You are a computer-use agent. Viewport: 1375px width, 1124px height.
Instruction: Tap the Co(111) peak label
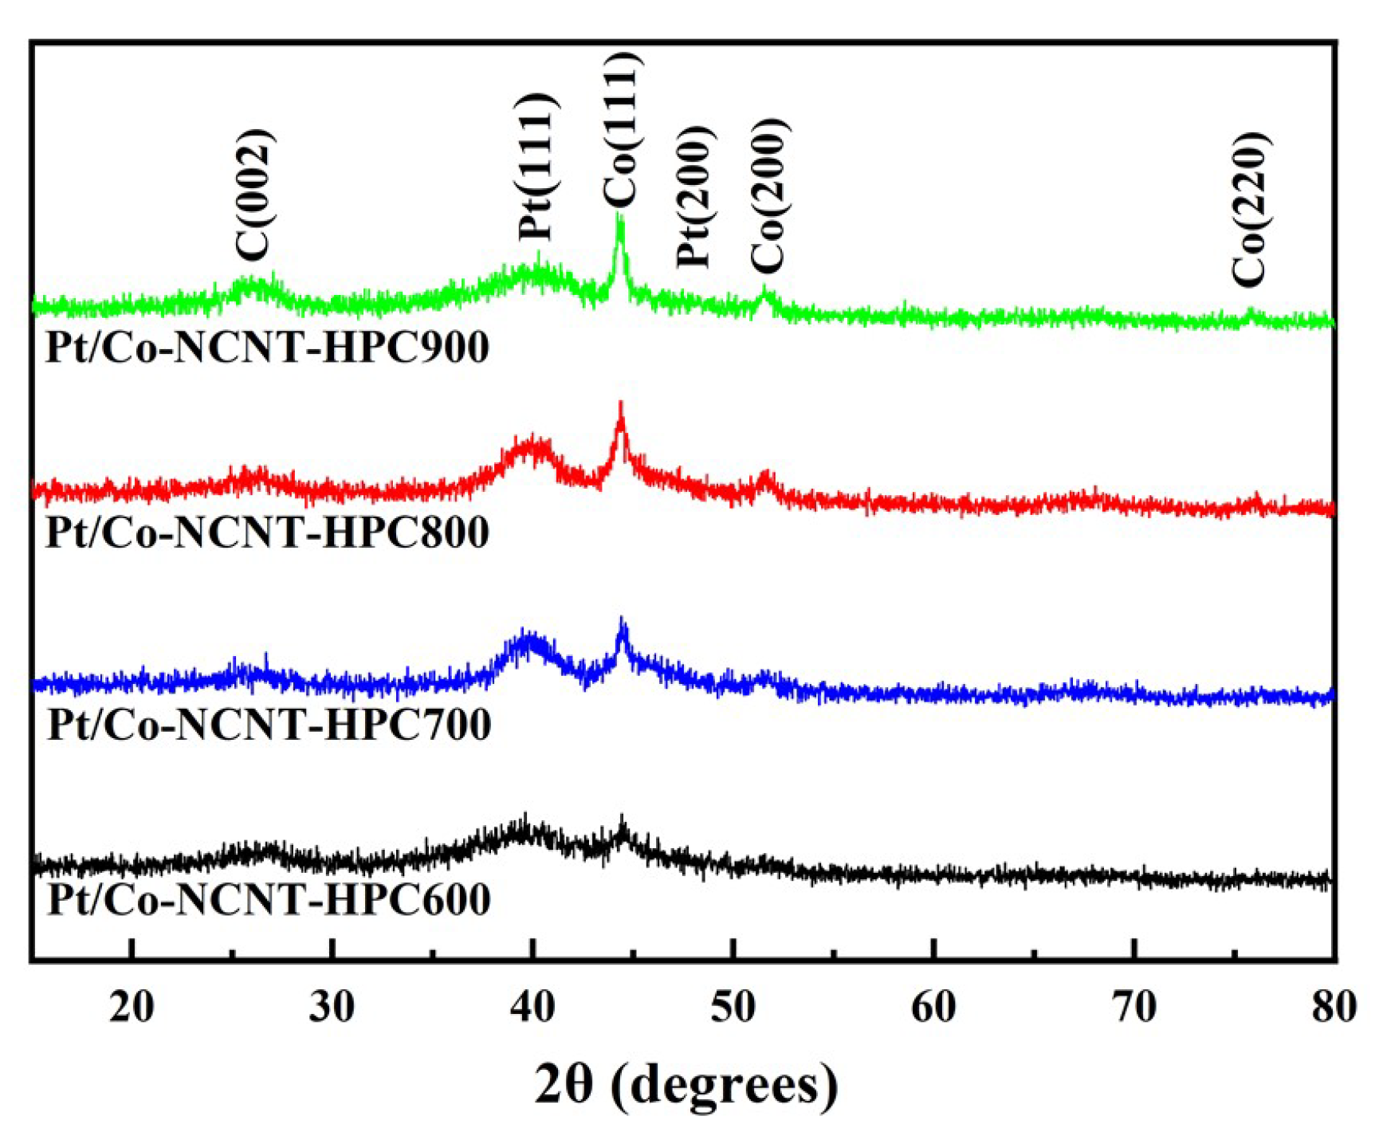(x=620, y=130)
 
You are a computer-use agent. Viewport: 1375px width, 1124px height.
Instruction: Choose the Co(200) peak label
(x=769, y=196)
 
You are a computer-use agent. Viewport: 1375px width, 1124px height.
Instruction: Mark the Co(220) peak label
(x=1249, y=209)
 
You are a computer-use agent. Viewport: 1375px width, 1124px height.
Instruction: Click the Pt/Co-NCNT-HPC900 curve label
(x=267, y=348)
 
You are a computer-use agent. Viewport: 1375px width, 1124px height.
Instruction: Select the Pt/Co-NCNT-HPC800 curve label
(x=267, y=533)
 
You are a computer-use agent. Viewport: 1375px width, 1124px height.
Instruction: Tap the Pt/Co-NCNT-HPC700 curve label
(x=269, y=725)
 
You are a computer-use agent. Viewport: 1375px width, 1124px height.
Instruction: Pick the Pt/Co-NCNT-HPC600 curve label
(x=269, y=900)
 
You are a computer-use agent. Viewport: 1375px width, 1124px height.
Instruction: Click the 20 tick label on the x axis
(x=132, y=1008)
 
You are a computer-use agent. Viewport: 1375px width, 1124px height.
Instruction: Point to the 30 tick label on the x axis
(x=332, y=1008)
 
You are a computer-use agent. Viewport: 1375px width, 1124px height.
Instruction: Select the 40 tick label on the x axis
(x=532, y=1008)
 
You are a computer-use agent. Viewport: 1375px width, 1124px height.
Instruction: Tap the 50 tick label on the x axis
(x=733, y=1008)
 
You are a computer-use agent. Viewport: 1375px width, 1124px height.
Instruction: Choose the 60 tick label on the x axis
(x=933, y=1008)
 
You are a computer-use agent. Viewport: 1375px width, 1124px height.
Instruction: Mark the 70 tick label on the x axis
(x=1133, y=1008)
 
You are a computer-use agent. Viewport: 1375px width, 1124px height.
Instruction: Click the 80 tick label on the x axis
(x=1333, y=1008)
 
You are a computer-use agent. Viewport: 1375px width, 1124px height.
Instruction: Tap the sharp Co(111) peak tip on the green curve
(x=619, y=217)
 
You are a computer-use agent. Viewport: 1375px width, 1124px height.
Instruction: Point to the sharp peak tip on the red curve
(x=620, y=405)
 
